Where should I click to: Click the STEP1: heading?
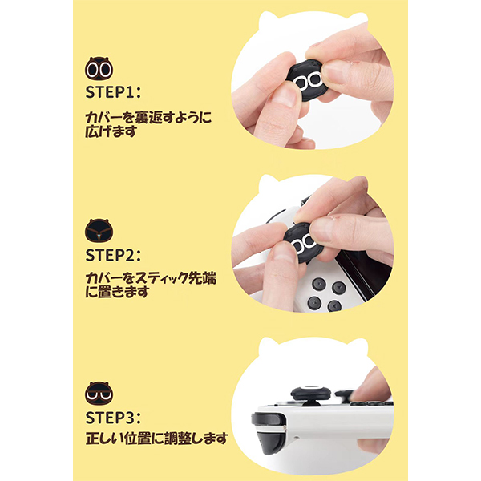click(x=112, y=91)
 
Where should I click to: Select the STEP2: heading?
click(x=112, y=255)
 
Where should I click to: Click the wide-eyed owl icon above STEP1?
click(x=99, y=68)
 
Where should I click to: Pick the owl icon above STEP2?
click(x=99, y=230)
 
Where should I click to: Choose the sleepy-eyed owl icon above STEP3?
click(x=99, y=393)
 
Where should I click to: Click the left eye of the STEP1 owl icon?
click(x=92, y=71)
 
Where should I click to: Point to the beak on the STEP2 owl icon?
click(x=99, y=236)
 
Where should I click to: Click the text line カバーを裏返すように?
click(x=148, y=117)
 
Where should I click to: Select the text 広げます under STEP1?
click(x=111, y=131)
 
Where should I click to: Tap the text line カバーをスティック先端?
click(x=151, y=278)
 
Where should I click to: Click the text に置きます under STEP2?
click(x=117, y=292)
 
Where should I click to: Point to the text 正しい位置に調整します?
click(x=157, y=439)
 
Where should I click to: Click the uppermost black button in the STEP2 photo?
click(x=319, y=284)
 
